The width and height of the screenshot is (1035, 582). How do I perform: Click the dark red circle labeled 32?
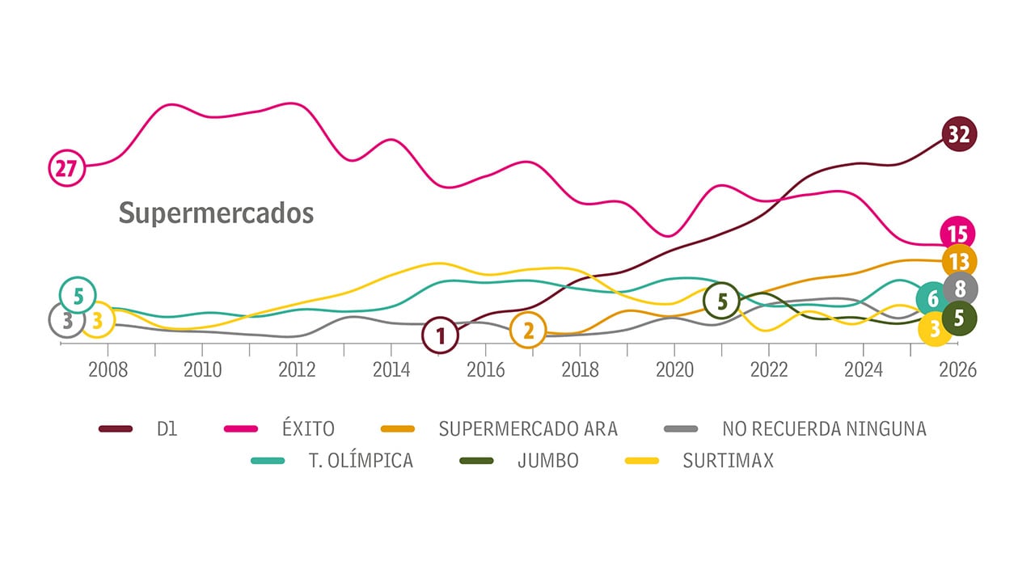pos(959,134)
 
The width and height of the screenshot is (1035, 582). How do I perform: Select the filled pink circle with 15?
pos(958,234)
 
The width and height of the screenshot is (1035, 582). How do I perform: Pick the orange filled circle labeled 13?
pos(959,261)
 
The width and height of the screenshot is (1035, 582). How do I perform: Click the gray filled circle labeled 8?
pos(960,289)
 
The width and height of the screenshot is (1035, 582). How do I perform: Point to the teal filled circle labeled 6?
pos(931,299)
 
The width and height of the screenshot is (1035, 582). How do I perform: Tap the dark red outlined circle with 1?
pos(441,335)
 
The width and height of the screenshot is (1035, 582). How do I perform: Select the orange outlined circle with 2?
pos(528,331)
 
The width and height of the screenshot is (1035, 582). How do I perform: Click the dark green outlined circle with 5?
pos(722,302)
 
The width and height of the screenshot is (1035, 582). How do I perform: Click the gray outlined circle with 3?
pos(67,320)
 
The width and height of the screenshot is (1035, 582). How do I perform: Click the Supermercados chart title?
pos(216,213)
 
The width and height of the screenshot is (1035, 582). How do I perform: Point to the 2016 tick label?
pos(485,370)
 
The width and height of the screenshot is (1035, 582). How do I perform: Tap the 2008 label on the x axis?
pos(108,370)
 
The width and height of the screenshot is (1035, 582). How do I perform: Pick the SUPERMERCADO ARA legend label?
pos(528,429)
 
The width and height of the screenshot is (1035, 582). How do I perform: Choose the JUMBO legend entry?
pos(547,461)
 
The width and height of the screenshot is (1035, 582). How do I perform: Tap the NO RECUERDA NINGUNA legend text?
pos(823,429)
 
